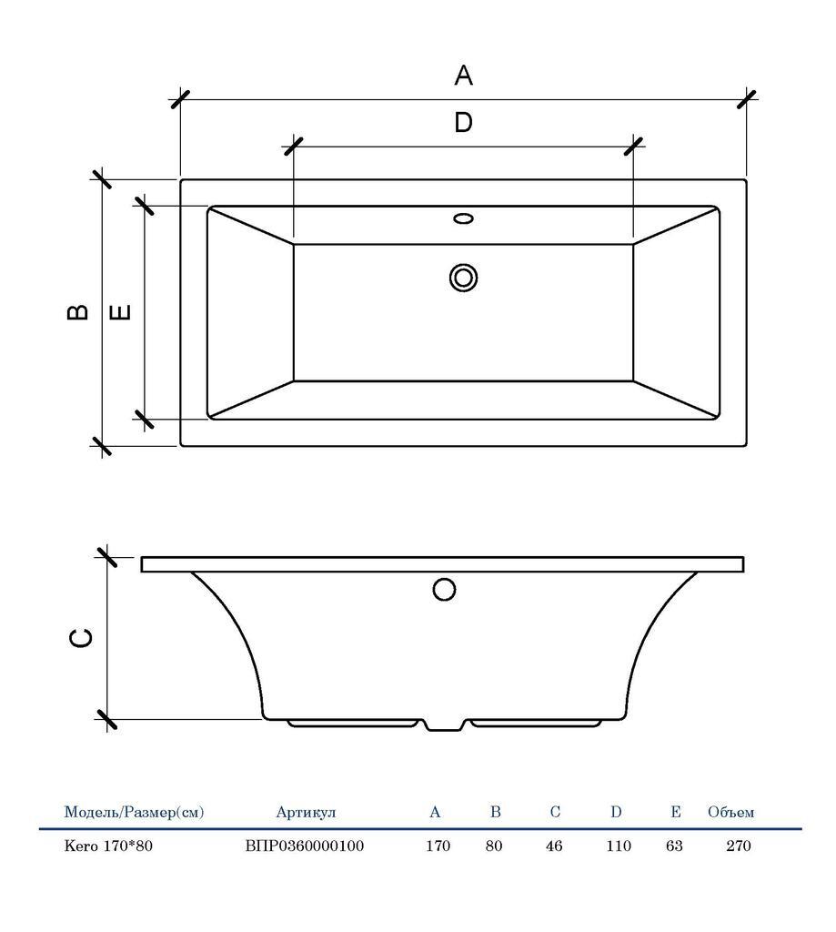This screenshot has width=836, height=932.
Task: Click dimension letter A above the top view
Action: (463, 76)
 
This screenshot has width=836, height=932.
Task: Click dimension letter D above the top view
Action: (463, 123)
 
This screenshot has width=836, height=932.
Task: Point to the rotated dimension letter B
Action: (78, 312)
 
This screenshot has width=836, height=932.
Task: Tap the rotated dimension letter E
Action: (121, 311)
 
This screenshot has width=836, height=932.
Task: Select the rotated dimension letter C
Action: (81, 638)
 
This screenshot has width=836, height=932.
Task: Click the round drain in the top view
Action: (463, 278)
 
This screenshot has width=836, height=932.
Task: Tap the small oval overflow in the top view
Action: (463, 218)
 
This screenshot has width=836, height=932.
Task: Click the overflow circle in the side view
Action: (444, 590)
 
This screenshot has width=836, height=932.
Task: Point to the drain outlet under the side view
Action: (444, 725)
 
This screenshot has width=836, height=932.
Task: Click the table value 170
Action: (438, 846)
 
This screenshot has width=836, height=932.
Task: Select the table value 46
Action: (554, 846)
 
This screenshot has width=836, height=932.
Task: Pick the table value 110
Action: (619, 846)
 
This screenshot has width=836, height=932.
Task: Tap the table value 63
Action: (674, 846)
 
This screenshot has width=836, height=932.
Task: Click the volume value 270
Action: (739, 846)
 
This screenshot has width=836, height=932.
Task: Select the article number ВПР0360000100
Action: (305, 846)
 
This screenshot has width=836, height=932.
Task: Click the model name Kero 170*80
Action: (108, 846)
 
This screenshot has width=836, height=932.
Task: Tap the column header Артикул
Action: (306, 813)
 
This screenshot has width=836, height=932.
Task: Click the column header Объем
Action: (730, 812)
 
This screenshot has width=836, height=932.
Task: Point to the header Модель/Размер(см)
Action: (134, 812)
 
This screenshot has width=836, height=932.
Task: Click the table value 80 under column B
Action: (494, 846)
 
